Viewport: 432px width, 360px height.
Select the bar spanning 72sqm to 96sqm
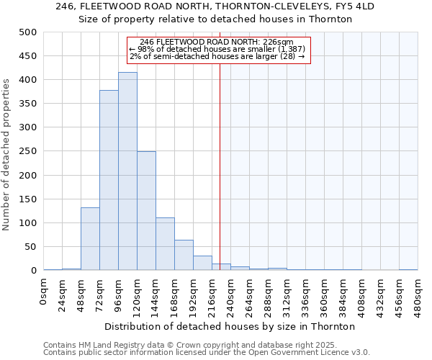(109, 180)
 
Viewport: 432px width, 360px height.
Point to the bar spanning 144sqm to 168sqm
(165, 244)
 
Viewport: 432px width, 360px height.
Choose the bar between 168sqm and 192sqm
(184, 255)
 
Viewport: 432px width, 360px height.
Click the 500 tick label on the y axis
(27, 32)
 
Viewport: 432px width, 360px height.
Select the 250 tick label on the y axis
(27, 151)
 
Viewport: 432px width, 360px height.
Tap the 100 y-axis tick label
(27, 223)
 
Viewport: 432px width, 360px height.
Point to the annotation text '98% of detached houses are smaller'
(218, 49)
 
